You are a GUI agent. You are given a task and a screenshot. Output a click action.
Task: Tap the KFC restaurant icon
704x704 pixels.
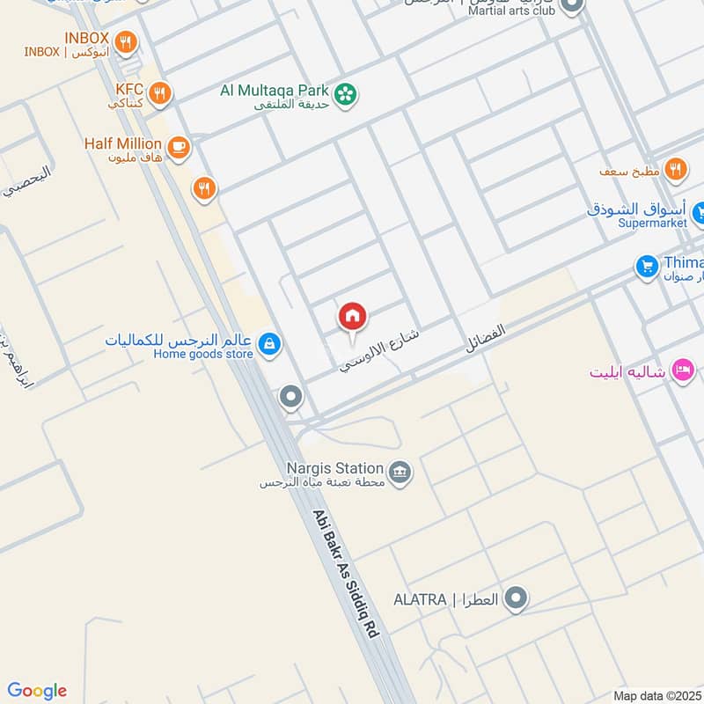159,92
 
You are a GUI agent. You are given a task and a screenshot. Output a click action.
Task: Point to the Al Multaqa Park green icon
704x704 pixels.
348,92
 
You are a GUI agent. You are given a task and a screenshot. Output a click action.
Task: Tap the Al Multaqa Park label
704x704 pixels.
275,91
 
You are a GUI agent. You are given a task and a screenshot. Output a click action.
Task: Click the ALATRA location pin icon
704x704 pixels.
517,599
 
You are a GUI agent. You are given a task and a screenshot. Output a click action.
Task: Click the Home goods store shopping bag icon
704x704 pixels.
271,343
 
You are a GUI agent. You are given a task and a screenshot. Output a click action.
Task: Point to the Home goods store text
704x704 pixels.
203,355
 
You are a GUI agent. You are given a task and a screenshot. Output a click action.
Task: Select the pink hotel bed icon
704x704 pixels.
682,370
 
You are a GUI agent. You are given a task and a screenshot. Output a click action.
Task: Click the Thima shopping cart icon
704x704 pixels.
647,264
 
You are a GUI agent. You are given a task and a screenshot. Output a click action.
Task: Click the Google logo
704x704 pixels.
37,691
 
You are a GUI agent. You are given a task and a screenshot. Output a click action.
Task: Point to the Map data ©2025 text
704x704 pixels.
658,696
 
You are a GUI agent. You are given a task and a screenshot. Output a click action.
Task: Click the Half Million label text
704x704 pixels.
123,143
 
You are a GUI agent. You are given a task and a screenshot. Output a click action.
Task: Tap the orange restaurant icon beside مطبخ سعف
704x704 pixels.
676,170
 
